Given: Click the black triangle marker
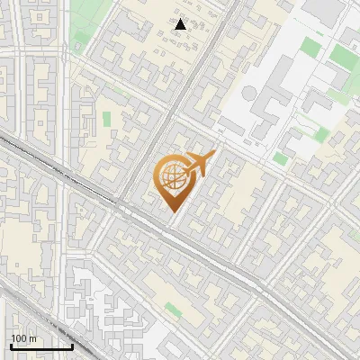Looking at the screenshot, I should (x=181, y=24).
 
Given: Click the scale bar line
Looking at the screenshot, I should (x=40, y=346).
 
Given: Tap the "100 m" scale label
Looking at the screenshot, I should (x=23, y=338).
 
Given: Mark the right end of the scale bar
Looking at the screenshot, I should (x=72, y=346).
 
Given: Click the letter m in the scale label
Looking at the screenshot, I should (x=33, y=338).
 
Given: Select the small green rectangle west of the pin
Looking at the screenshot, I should (x=106, y=118).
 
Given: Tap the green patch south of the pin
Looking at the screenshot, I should (x=173, y=310).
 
